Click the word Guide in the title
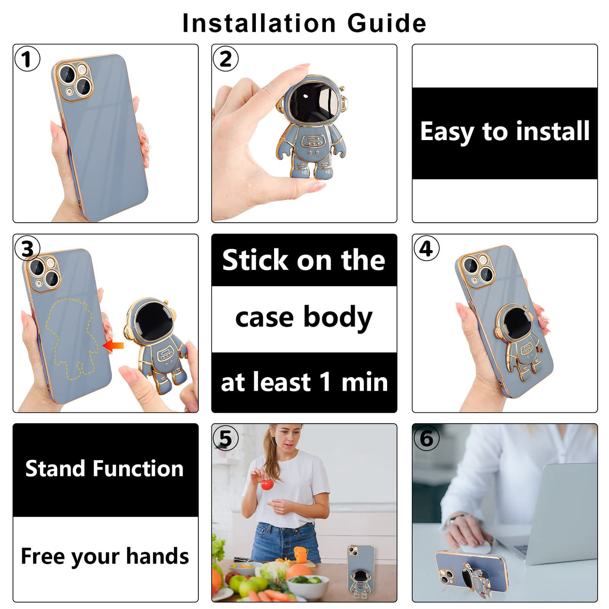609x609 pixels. pyautogui.click(x=387, y=23)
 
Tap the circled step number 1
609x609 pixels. pyautogui.click(x=27, y=59)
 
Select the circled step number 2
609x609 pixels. pyautogui.click(x=225, y=59)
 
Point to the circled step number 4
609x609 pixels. pyautogui.click(x=426, y=248)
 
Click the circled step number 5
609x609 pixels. pyautogui.click(x=225, y=438)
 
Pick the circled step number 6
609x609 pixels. pyautogui.click(x=426, y=438)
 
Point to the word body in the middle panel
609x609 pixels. pyautogui.click(x=338, y=317)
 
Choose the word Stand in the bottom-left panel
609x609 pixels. pyautogui.click(x=55, y=468)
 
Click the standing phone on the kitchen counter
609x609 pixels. pyautogui.click(x=361, y=572)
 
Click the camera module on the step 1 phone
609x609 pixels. pyautogui.click(x=74, y=81)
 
